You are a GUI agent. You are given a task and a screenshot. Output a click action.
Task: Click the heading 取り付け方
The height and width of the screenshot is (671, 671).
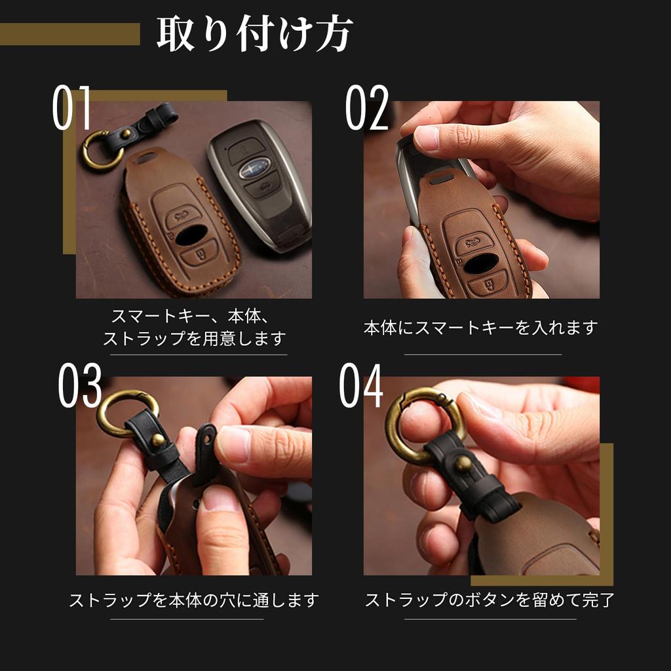254,34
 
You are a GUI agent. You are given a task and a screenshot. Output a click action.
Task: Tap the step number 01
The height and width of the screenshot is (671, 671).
72,108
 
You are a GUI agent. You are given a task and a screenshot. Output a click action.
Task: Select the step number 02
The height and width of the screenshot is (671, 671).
367,108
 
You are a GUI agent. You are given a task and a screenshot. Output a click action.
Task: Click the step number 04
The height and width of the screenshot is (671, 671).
361,387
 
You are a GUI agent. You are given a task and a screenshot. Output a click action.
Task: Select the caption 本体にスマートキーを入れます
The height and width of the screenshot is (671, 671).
481,328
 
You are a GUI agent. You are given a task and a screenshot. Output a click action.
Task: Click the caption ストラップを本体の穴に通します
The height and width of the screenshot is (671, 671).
194,600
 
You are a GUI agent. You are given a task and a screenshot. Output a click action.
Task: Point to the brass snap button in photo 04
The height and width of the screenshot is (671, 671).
463,463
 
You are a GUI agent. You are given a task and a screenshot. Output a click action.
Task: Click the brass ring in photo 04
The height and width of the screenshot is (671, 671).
419,426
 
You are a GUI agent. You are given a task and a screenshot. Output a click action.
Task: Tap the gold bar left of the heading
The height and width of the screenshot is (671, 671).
69,34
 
